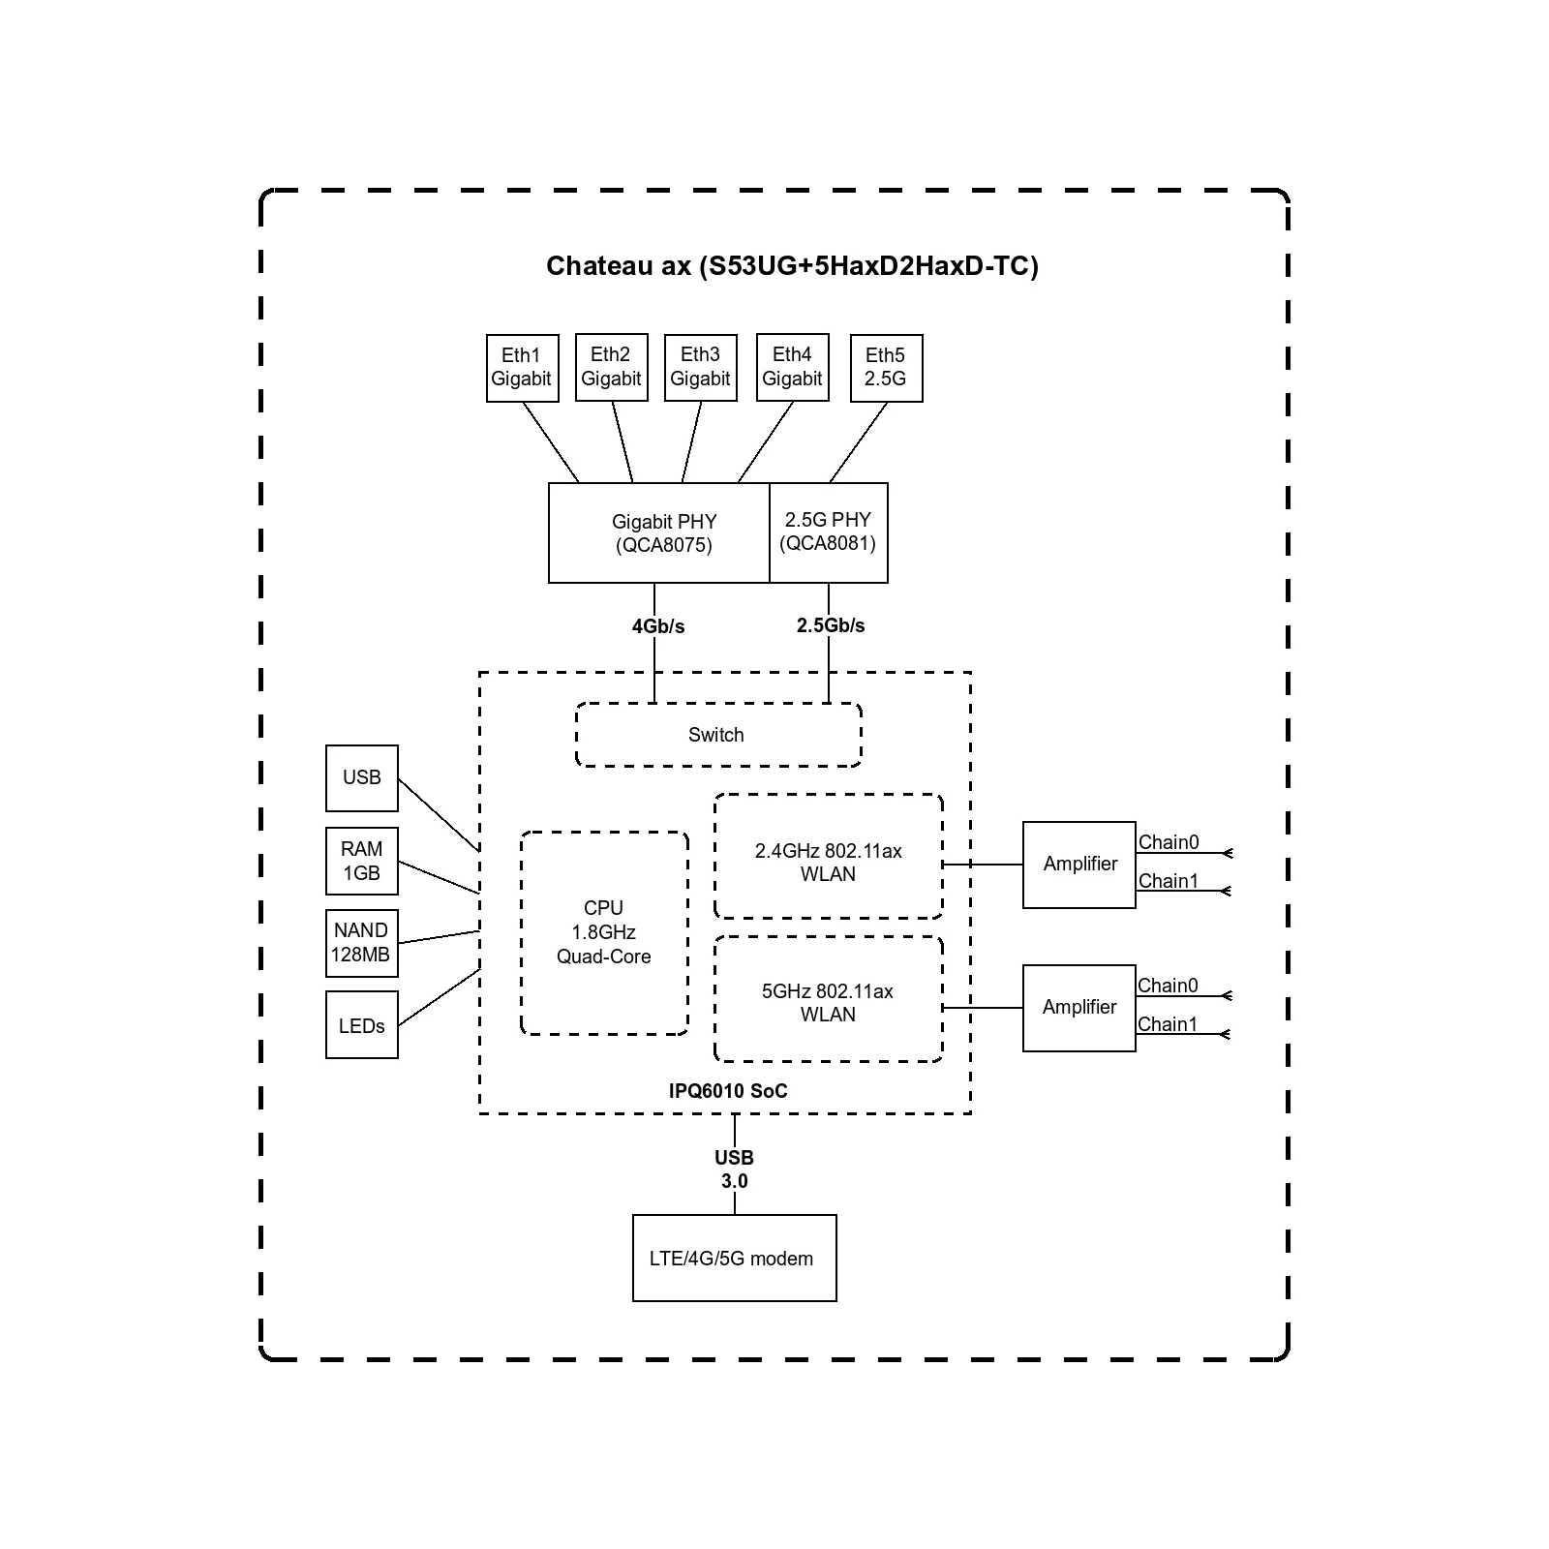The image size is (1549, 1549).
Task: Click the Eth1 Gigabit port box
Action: click(521, 368)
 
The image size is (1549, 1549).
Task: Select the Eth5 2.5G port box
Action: click(886, 368)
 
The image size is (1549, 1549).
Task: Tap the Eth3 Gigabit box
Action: click(700, 368)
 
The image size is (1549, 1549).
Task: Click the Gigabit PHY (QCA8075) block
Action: click(659, 533)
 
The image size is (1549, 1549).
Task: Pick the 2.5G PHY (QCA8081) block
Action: click(829, 533)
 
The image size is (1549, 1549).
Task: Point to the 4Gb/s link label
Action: click(658, 626)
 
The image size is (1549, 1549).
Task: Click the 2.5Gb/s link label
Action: click(831, 625)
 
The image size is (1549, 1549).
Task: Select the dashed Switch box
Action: click(717, 735)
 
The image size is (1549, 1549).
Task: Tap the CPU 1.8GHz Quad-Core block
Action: click(604, 932)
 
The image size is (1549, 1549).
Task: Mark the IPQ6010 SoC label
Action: click(728, 1091)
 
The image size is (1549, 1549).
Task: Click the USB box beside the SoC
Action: click(362, 777)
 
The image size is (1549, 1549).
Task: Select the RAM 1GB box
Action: click(362, 861)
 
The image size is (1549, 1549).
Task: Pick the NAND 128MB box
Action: click(362, 943)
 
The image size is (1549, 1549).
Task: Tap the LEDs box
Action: click(362, 1025)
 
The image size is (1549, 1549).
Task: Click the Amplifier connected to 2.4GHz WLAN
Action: click(1079, 865)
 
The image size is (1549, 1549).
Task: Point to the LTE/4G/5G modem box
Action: click(734, 1259)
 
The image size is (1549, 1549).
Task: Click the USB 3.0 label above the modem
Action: click(734, 1169)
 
